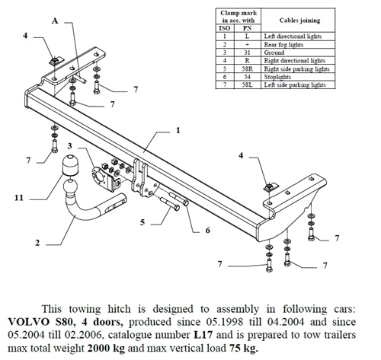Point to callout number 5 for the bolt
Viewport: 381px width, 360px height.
(x=142, y=223)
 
